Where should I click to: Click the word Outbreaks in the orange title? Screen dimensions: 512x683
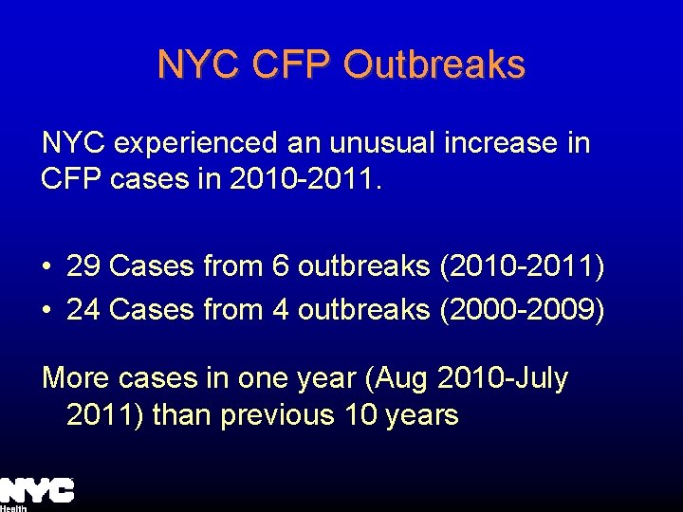(434, 64)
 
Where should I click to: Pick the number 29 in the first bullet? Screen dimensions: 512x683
(84, 266)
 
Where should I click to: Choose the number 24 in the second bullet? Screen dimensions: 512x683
(84, 309)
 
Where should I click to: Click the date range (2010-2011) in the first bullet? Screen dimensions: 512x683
(523, 266)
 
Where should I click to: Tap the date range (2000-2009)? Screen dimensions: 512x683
(523, 309)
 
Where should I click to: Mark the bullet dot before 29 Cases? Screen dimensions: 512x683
(46, 267)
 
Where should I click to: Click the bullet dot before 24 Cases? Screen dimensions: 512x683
(46, 310)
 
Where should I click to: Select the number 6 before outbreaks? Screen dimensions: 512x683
(281, 266)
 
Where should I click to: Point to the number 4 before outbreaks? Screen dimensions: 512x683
(281, 309)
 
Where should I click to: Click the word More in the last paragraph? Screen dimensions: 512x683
(76, 378)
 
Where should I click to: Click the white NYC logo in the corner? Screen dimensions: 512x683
(37, 490)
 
